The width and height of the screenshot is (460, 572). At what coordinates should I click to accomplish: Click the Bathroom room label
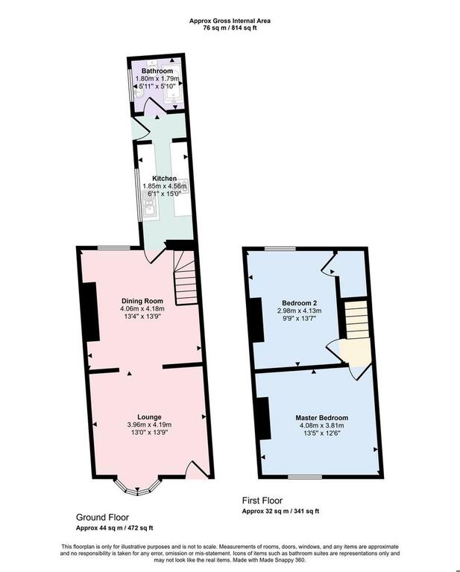157,71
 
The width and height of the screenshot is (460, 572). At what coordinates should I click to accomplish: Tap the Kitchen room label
164,179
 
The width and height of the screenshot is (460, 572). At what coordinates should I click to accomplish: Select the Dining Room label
142,301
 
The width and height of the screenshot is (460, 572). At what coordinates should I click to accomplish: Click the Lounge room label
149,417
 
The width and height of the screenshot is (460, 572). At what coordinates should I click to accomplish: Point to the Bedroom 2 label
300,303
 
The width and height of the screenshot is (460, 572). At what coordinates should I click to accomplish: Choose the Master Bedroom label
321,418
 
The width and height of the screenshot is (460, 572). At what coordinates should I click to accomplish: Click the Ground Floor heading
102,518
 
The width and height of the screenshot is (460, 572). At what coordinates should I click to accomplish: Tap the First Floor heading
262,500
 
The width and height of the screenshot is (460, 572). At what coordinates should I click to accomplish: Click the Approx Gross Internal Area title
230,21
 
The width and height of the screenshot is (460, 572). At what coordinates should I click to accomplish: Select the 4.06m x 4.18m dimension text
142,309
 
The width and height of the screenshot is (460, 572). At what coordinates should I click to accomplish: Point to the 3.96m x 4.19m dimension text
149,425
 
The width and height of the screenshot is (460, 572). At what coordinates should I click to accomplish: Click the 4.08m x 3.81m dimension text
321,425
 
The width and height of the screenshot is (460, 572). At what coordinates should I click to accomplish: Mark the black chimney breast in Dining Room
90,312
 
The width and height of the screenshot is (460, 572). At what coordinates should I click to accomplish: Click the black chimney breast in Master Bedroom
263,418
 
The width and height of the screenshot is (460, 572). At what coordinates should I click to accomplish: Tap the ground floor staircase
185,278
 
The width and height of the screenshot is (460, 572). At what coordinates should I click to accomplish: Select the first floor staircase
356,320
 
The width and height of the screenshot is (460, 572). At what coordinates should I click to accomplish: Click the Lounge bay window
137,486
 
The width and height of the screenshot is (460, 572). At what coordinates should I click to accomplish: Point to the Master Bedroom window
305,477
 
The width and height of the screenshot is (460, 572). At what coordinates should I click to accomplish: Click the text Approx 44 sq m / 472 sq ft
115,528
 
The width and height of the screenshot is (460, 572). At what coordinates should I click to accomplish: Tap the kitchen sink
151,204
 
